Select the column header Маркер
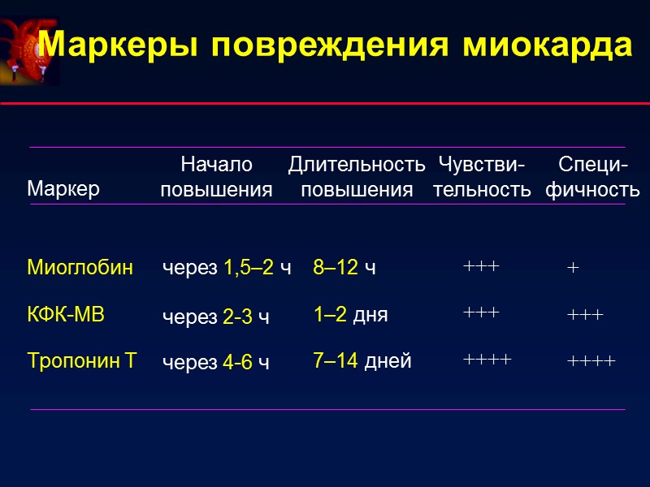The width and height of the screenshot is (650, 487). click(63, 189)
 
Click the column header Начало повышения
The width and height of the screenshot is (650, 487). click(216, 178)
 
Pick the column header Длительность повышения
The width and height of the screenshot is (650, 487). click(357, 178)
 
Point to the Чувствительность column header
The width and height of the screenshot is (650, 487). click(482, 178)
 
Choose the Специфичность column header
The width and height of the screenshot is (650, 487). click(592, 178)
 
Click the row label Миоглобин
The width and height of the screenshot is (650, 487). click(80, 267)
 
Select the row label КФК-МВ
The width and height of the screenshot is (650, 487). click(66, 315)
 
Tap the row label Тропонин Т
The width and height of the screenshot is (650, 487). click(82, 361)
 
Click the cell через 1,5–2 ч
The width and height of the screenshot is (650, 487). click(227, 268)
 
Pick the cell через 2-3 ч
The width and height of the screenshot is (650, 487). click(215, 317)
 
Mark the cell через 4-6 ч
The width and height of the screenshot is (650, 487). click(215, 362)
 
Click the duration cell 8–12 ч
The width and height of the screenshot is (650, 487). click(344, 268)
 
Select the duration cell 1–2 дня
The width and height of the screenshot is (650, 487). click(350, 315)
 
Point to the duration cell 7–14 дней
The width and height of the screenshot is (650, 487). click(362, 361)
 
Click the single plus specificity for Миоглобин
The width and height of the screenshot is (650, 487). click(573, 269)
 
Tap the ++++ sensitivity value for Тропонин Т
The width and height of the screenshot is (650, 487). click(487, 359)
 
